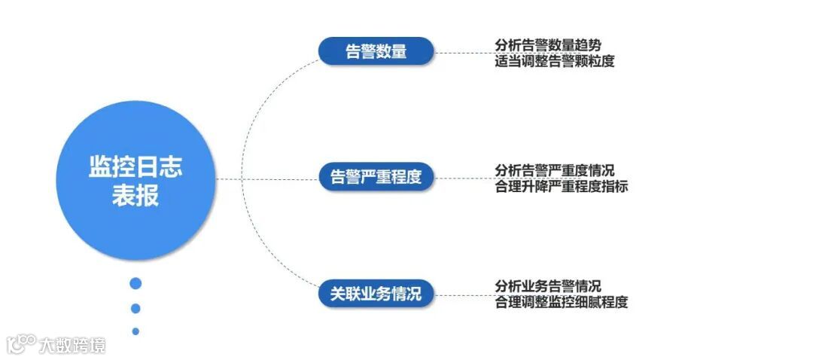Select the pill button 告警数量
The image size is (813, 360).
tap(376, 52)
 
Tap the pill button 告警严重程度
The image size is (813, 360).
tap(376, 178)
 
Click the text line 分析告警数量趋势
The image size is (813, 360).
tap(548, 44)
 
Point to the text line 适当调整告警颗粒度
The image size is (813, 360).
tap(555, 61)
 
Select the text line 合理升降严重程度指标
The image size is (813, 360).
tap(562, 186)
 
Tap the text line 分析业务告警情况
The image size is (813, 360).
tap(548, 286)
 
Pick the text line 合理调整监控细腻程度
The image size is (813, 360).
tap(562, 303)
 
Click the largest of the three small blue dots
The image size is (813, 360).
tap(135, 283)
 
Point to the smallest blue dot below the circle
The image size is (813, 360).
tap(135, 331)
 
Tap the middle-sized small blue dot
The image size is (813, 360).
tap(135, 308)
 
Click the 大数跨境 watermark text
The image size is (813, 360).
tap(72, 345)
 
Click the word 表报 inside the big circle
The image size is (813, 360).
tap(135, 197)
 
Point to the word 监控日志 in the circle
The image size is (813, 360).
tap(135, 167)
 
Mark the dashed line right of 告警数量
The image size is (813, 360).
tap(461, 53)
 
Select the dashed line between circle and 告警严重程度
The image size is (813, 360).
tap(267, 179)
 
